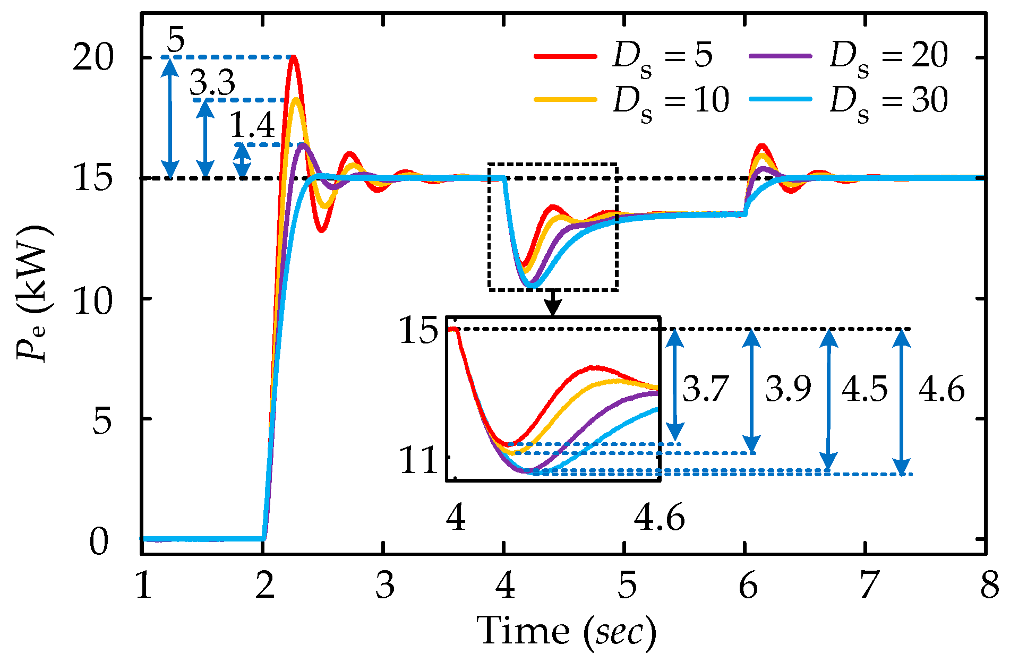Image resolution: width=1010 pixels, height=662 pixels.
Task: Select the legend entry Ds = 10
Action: click(632, 100)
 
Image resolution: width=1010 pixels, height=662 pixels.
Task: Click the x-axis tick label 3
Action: click(384, 587)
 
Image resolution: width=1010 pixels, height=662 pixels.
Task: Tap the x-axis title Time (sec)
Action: click(566, 632)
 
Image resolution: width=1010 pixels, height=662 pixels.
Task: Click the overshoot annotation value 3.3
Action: click(212, 83)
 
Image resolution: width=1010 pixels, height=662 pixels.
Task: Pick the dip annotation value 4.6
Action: click(941, 390)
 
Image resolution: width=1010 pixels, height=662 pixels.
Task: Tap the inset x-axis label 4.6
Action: click(659, 518)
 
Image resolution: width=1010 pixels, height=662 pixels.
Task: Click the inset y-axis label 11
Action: click(418, 461)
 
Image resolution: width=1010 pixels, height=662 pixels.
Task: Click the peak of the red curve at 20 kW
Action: click(293, 57)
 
